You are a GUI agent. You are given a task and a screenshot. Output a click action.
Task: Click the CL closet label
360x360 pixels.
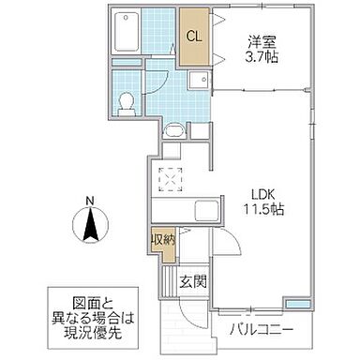(x=192, y=37)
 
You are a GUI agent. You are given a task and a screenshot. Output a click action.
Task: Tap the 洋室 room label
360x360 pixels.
(x=262, y=41)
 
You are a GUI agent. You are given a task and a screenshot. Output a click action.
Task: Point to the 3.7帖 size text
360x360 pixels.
(x=262, y=57)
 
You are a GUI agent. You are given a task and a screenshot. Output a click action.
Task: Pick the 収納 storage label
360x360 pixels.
(x=162, y=240)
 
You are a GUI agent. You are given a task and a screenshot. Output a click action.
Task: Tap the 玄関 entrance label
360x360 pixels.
(x=194, y=281)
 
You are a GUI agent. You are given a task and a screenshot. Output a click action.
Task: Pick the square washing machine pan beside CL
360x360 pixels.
(x=196, y=78)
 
